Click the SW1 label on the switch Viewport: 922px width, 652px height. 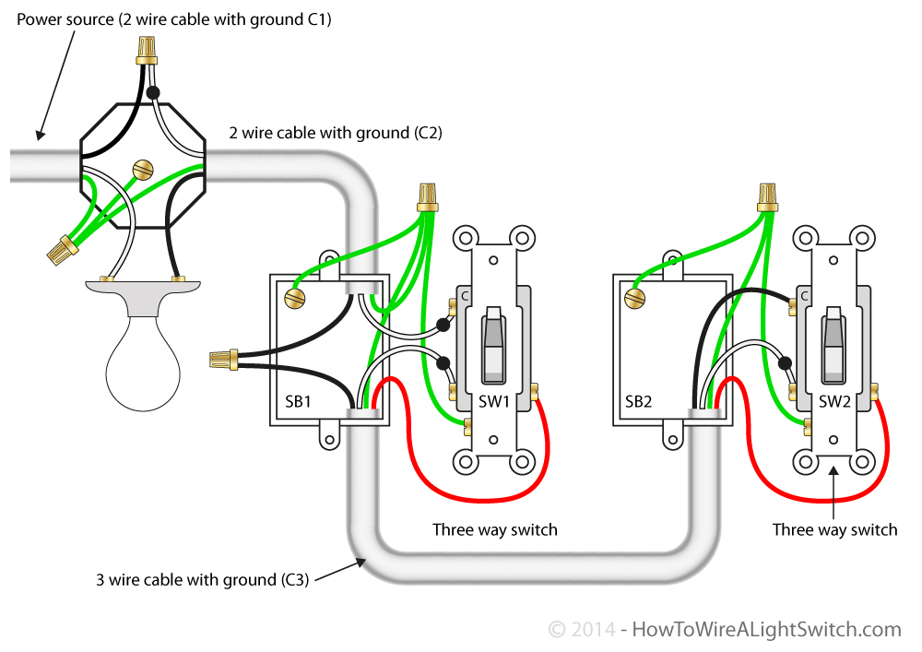[494, 401]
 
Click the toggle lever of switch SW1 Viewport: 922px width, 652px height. [494, 346]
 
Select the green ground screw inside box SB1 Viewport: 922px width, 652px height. [294, 297]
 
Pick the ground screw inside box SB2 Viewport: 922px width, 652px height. [633, 297]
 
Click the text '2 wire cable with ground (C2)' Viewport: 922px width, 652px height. [336, 133]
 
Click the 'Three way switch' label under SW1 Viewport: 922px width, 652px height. [495, 529]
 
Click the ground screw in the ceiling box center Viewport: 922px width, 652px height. [142, 169]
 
